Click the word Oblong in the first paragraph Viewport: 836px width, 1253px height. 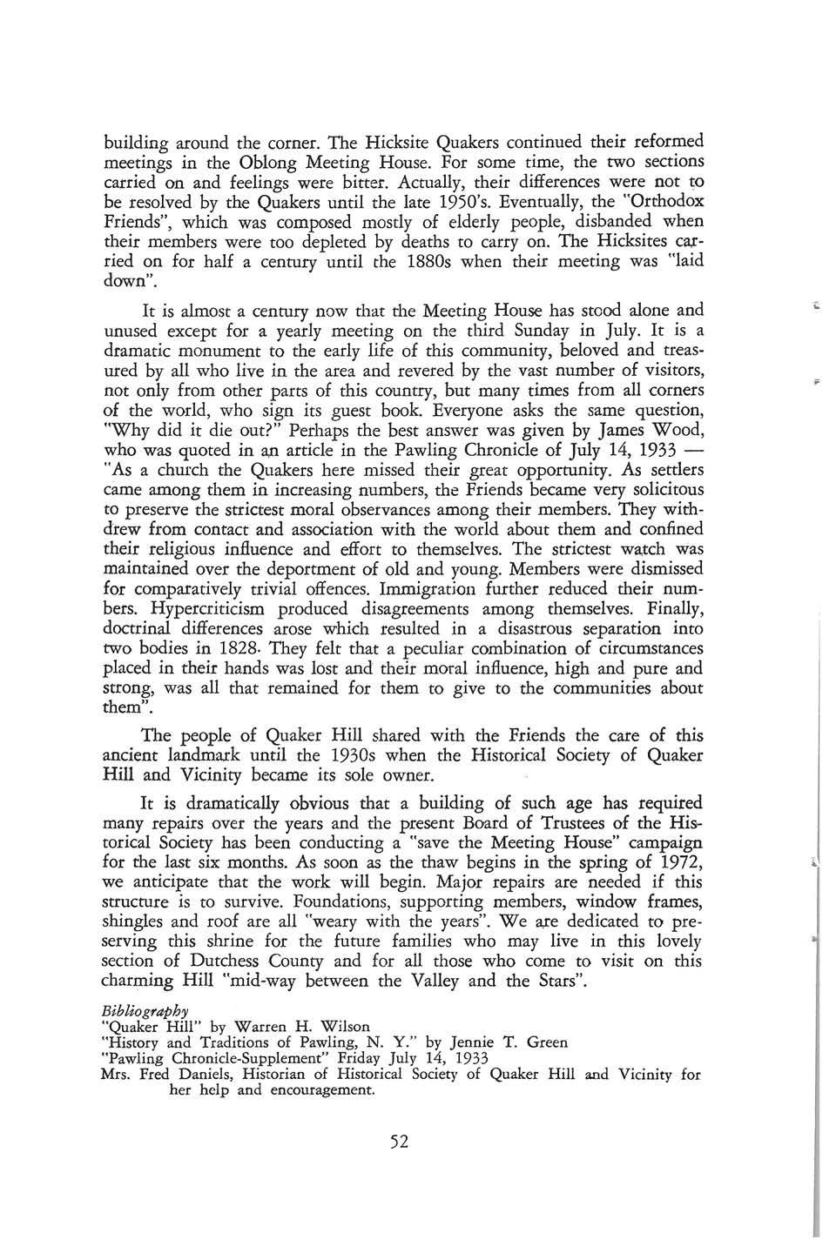coord(272,162)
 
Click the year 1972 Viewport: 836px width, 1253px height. coord(673,862)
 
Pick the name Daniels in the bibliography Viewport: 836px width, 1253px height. coord(202,1075)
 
